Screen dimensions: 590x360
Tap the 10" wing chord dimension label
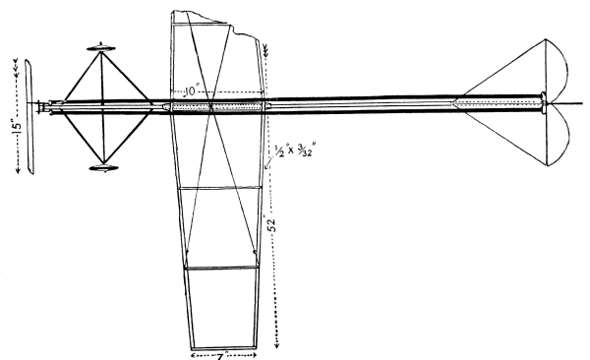click(x=192, y=90)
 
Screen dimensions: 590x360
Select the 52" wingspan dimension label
click(x=272, y=223)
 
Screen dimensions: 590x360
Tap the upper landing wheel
click(x=101, y=48)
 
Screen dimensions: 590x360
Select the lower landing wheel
click(x=103, y=168)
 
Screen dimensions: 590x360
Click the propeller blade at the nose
click(x=29, y=116)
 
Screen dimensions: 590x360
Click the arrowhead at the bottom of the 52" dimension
click(x=277, y=344)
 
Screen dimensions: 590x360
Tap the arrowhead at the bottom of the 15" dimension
click(x=18, y=170)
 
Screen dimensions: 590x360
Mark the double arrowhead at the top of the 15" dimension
click(x=16, y=64)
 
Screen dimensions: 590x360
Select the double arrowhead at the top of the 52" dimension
click(x=265, y=49)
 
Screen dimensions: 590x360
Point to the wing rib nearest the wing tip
click(x=222, y=268)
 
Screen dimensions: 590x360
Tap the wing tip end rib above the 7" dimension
click(x=224, y=347)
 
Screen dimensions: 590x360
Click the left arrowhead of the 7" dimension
click(x=194, y=354)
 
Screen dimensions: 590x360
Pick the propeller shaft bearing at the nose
click(x=43, y=106)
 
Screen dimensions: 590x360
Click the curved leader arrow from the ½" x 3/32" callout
click(x=269, y=162)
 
